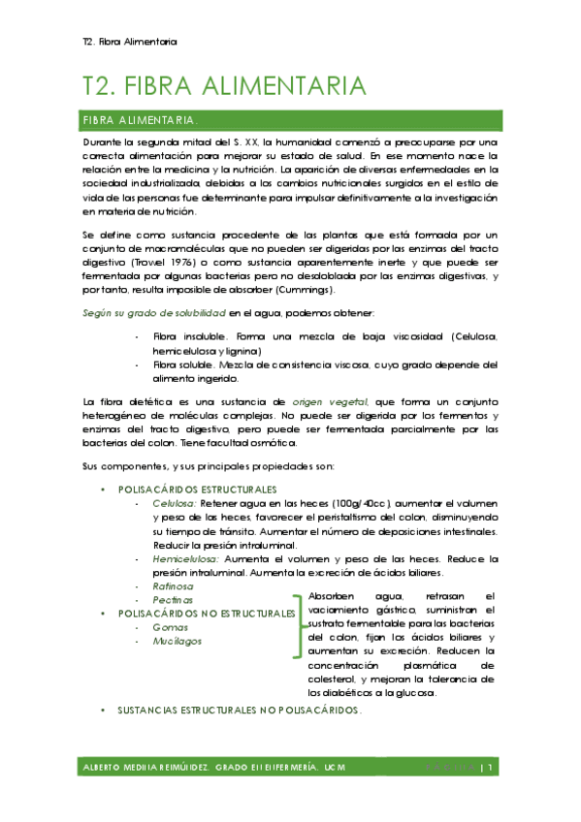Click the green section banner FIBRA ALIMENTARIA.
click(x=142, y=121)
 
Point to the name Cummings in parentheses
click(x=306, y=290)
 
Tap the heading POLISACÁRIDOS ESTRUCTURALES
click(x=197, y=490)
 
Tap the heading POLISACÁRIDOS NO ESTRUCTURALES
click(x=206, y=615)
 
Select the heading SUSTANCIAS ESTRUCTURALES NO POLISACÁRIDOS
click(x=239, y=711)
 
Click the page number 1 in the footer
click(x=493, y=768)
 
